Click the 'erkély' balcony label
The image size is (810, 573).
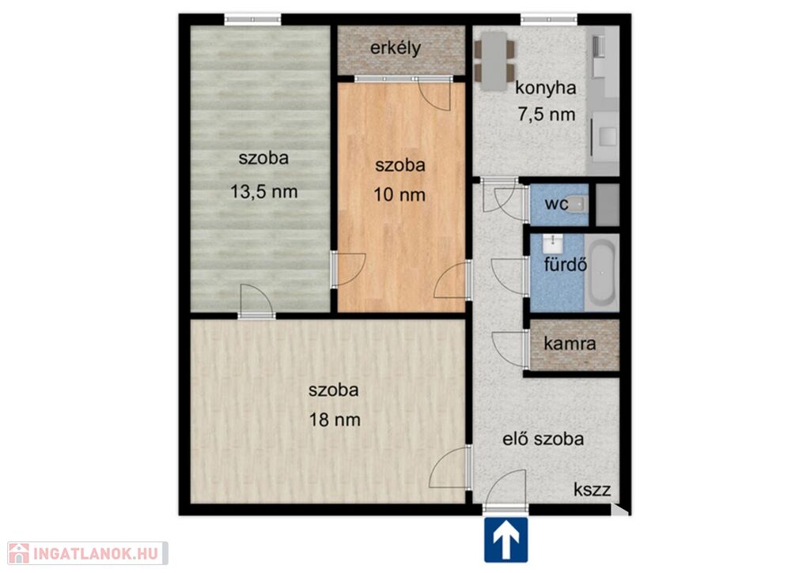[x=396, y=48]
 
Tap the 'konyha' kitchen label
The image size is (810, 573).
[x=546, y=88]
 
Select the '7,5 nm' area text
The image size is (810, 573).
[x=547, y=114]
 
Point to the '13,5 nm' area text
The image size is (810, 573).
[x=263, y=192]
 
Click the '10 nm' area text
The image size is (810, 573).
[x=399, y=195]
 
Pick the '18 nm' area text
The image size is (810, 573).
[x=335, y=420]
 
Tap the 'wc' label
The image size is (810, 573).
[x=556, y=203]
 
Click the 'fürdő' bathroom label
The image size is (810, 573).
[x=565, y=265]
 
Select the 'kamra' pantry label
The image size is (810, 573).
[x=570, y=344]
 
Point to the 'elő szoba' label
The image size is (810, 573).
[x=543, y=439]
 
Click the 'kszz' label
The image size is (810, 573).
[x=592, y=490]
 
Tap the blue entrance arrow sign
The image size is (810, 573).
[x=505, y=540]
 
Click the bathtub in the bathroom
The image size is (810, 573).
[x=602, y=273]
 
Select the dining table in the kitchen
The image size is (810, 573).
[x=494, y=62]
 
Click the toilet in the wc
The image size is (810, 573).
[x=579, y=205]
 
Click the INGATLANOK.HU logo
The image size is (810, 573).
[x=88, y=553]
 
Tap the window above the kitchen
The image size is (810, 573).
[x=549, y=20]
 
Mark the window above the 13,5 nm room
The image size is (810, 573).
[x=252, y=20]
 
